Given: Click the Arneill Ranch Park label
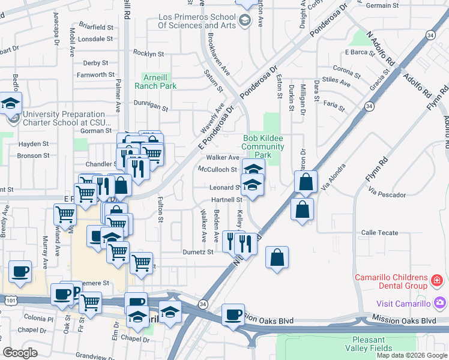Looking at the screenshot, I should (159, 82).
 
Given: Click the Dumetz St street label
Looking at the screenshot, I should (198, 253).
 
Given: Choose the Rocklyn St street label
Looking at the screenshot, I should (149, 54).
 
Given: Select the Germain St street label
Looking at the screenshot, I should (399, 5).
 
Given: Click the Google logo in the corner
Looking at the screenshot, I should (20, 353).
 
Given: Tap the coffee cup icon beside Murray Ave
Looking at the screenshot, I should (20, 271).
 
